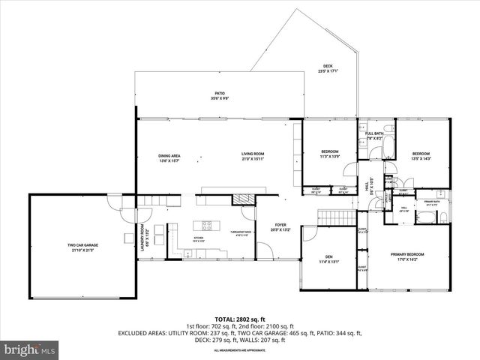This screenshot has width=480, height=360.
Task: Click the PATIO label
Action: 220,95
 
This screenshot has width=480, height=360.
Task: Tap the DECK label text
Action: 328,68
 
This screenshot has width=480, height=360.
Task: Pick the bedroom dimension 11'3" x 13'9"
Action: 330,157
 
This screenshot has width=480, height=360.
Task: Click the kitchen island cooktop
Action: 206,225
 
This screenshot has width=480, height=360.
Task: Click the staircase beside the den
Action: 334,217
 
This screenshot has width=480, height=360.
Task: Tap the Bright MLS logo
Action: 30,349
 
